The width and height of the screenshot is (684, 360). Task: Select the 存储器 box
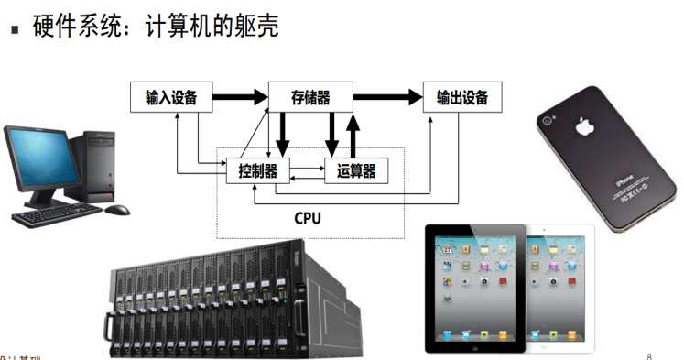point(310,96)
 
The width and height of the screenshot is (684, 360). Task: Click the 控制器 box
point(257,169)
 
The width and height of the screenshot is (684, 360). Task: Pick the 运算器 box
point(356,169)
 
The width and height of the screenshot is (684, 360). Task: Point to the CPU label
point(308,219)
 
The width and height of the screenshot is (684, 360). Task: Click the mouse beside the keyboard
point(116,210)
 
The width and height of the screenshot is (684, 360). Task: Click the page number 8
point(649,355)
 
